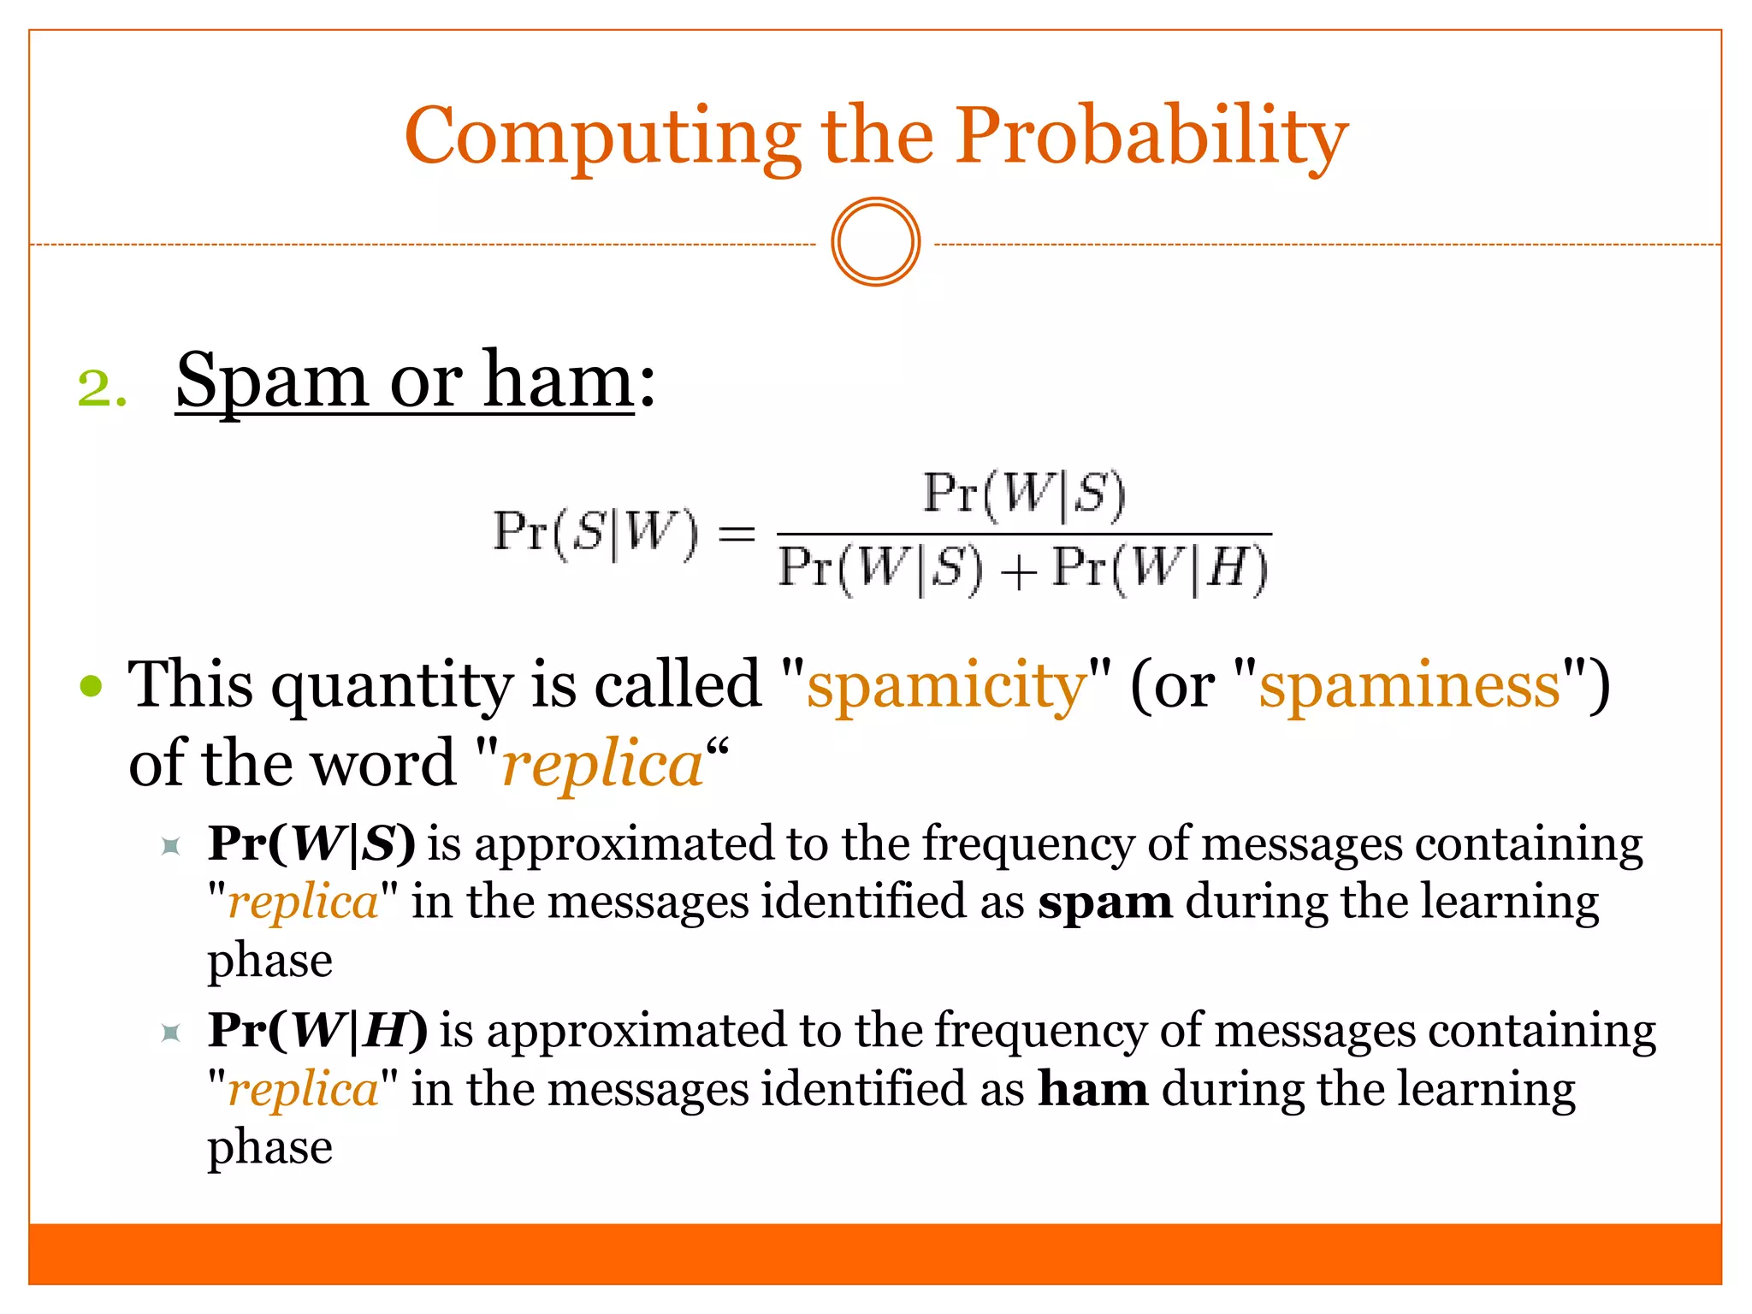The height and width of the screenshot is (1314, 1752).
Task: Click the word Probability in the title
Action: click(1151, 137)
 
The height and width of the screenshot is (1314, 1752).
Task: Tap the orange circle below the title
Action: click(875, 242)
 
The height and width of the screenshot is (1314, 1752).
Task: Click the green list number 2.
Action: click(101, 388)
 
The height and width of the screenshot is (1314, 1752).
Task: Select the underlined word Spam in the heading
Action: click(271, 382)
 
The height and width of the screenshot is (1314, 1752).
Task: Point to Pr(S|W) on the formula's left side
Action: click(596, 533)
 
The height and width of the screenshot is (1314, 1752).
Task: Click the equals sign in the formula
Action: click(736, 535)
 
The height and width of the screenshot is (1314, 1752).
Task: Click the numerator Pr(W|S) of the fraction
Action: click(1024, 494)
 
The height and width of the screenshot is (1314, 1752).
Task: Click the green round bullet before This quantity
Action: click(91, 686)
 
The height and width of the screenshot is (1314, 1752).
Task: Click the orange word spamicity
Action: click(945, 686)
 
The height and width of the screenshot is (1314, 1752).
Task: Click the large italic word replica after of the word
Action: click(602, 765)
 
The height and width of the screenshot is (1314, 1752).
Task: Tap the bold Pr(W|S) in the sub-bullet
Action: click(311, 843)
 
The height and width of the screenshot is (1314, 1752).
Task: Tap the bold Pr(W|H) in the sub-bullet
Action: click(317, 1030)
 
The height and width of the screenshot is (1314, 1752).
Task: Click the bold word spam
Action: click(1104, 903)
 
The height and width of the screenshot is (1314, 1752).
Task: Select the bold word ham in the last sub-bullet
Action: click(1092, 1090)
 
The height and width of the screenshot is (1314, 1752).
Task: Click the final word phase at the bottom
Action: click(269, 1148)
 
